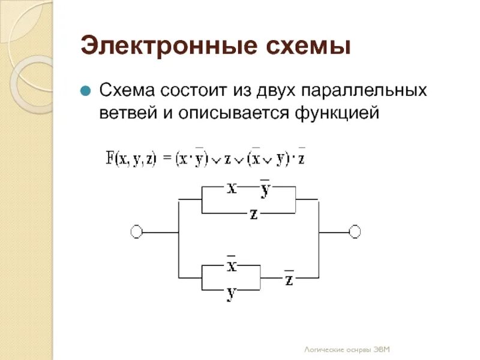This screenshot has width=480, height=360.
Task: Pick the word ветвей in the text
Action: [x=126, y=113]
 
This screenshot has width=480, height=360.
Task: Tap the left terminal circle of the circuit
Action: [x=136, y=232]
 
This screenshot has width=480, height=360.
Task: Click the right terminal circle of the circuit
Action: [x=355, y=232]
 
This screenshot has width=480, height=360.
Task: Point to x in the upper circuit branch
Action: [x=232, y=188]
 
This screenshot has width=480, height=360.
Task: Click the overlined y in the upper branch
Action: [x=265, y=190]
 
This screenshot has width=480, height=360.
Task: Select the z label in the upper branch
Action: [x=254, y=214]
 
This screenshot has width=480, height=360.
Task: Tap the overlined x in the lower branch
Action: [x=231, y=266]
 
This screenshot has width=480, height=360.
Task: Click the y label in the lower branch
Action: [x=231, y=294]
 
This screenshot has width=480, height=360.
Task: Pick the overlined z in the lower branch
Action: [x=289, y=279]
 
